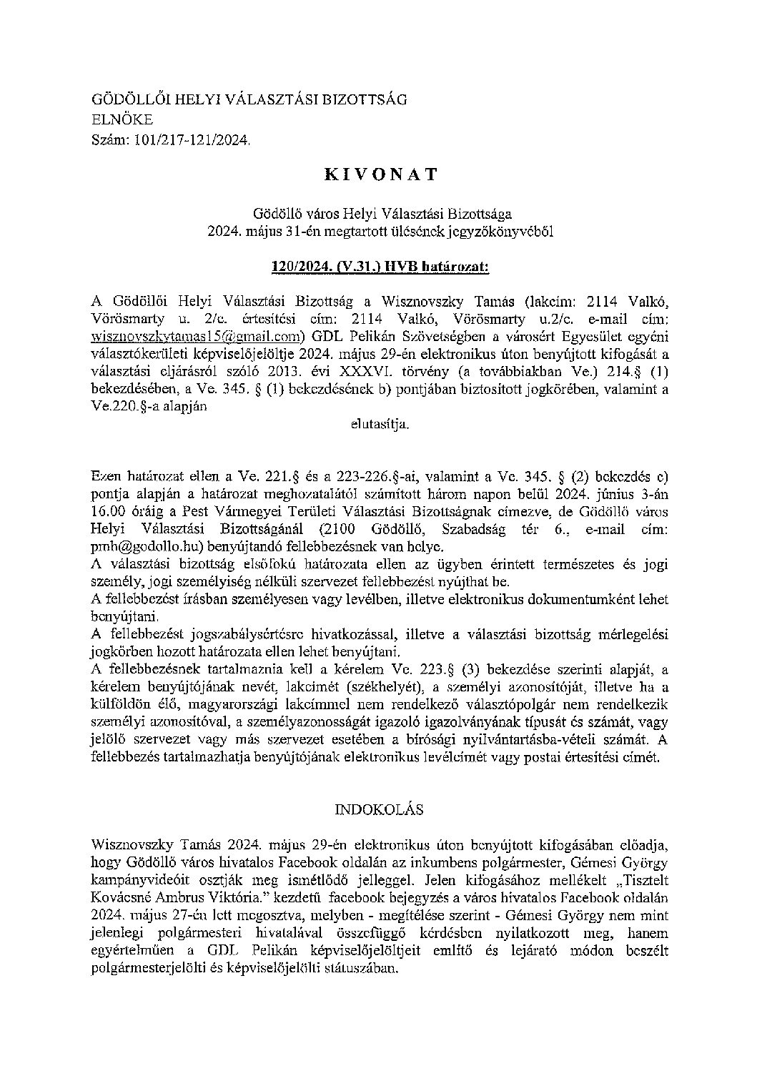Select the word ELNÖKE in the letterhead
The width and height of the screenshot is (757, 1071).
(122, 120)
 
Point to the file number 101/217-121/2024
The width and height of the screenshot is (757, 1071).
(192, 141)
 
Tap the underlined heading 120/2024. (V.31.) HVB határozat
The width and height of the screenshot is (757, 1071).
(380, 267)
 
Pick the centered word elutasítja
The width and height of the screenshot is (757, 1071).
(380, 424)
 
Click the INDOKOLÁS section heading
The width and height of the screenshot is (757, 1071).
(379, 809)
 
